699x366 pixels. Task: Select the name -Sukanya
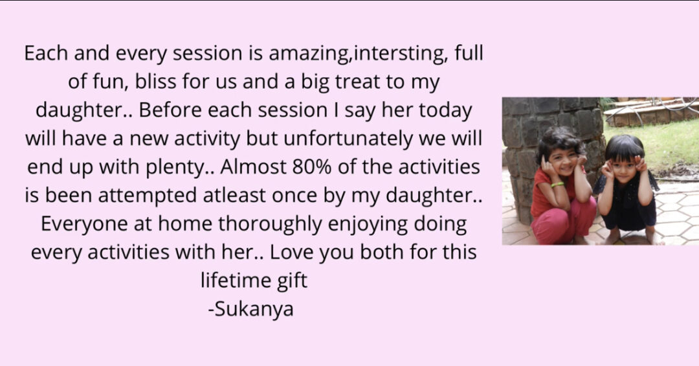[251, 309]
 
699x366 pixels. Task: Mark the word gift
[291, 280]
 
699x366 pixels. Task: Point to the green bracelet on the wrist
[557, 185]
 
